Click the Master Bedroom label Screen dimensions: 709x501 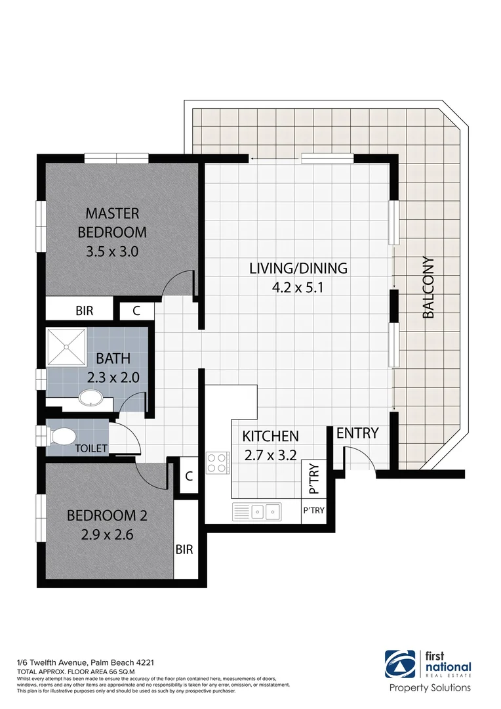(111, 223)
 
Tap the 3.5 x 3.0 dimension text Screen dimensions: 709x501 (111, 251)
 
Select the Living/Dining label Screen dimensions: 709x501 (298, 268)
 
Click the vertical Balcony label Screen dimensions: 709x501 (428, 288)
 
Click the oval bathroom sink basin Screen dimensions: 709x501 (87, 398)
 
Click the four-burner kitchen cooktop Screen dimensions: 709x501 (217, 463)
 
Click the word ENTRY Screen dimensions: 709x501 (357, 433)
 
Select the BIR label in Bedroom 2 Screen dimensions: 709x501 (184, 549)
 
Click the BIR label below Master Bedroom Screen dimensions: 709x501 (84, 311)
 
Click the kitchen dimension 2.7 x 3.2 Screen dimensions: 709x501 (270, 455)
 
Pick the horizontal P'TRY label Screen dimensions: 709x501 (313, 510)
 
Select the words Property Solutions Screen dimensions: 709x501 (430, 688)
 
